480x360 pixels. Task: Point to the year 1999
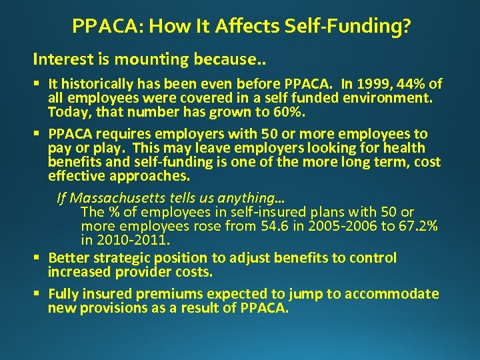click(376, 84)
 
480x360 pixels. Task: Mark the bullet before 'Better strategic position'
click(39, 258)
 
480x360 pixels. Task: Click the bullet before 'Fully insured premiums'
click(39, 295)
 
